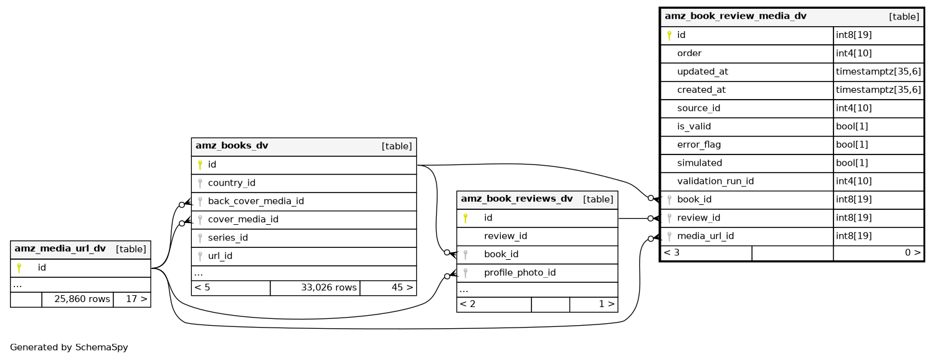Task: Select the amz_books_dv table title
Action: [232, 146]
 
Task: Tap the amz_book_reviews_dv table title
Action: [516, 199]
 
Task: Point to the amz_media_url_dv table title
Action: [60, 249]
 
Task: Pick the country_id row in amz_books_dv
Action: [231, 183]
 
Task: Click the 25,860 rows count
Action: [82, 299]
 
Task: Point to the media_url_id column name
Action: [705, 236]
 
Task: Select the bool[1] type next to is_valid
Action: [851, 126]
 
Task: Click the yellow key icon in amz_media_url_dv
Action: [19, 268]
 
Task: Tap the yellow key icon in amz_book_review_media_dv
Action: [669, 36]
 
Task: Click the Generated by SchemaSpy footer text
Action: [69, 348]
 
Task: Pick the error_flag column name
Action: [699, 144]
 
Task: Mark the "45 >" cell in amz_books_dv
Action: [400, 288]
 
